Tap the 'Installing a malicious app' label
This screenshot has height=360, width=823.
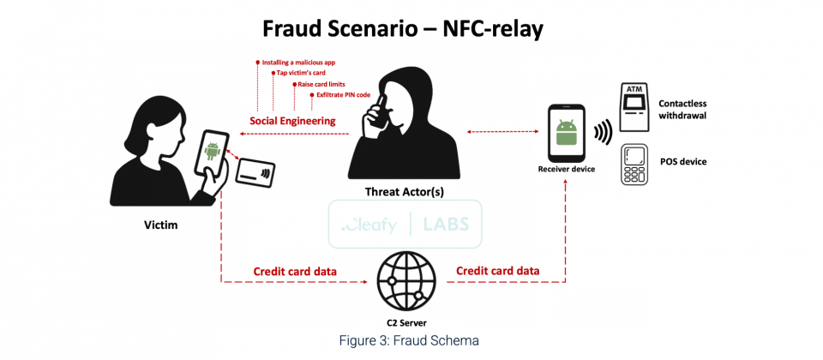(x=298, y=63)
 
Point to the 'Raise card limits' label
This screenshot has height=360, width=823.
(x=321, y=84)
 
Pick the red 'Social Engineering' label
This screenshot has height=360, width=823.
(x=292, y=121)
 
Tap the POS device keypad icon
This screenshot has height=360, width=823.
(x=634, y=165)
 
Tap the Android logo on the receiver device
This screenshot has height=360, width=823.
(x=566, y=133)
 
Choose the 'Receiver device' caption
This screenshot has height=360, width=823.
(x=567, y=169)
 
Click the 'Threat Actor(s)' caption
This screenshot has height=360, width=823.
(x=404, y=191)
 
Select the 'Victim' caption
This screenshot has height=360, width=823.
(x=161, y=225)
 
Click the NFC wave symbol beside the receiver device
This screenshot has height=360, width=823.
(x=603, y=134)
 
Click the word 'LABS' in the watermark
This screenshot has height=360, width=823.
(x=446, y=224)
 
